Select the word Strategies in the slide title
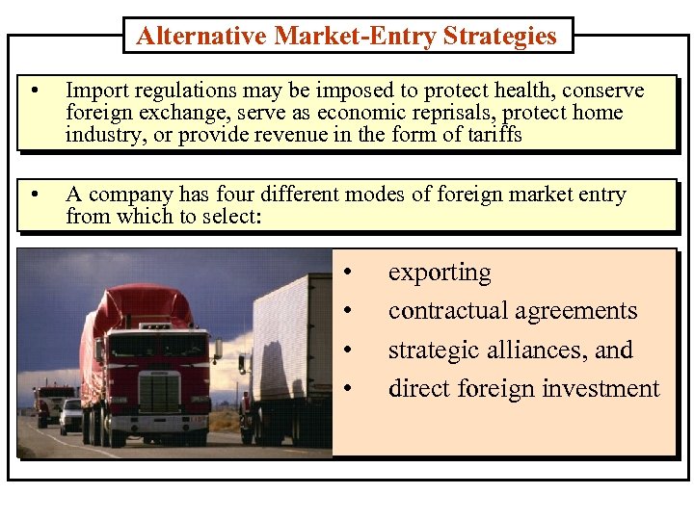pos(500,37)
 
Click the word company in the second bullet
pos(122,195)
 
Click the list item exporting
pos(440,273)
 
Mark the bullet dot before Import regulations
pos(35,91)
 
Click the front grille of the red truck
pos(159,390)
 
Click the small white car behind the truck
pos(70,415)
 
